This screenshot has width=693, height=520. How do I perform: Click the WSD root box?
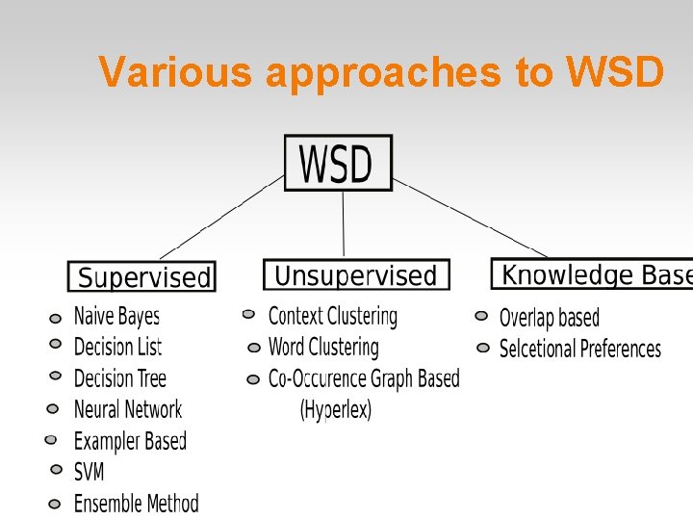(338, 163)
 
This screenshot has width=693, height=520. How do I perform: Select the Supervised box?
(142, 277)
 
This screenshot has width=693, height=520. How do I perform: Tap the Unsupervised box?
(355, 275)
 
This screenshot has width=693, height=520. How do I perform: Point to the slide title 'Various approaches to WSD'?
(381, 72)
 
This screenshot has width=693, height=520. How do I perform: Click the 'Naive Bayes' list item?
(116, 316)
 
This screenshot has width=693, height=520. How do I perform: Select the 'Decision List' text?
(117, 347)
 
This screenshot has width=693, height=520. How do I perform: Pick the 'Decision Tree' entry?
(119, 378)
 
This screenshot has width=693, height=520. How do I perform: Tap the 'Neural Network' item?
(127, 409)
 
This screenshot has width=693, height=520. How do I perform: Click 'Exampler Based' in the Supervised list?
(130, 441)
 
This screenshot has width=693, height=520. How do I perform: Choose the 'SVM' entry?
(89, 472)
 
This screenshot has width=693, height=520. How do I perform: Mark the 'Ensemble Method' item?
(136, 503)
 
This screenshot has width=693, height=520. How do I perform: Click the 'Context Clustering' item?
(332, 316)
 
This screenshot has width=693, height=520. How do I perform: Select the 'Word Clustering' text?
(323, 347)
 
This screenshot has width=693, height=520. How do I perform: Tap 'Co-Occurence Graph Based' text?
(364, 378)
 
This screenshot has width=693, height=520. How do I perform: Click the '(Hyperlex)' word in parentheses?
(336, 409)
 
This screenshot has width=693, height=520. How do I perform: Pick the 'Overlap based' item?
(549, 318)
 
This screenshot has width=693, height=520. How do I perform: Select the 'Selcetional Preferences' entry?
(579, 349)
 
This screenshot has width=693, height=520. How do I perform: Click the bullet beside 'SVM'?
(55, 472)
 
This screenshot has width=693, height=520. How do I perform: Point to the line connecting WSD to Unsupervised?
(344, 224)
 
